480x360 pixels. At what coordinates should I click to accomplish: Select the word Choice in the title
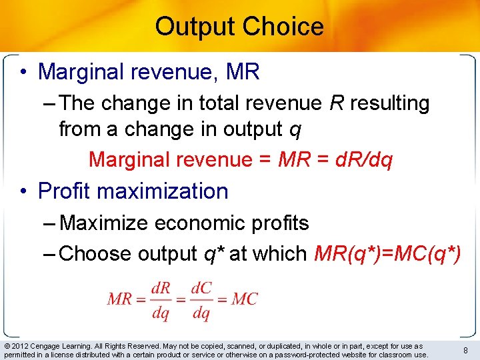[283, 27]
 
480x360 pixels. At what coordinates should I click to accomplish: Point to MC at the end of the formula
[245, 299]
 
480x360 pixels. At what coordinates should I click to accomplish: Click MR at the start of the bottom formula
[119, 299]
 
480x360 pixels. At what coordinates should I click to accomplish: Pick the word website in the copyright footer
[348, 355]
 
